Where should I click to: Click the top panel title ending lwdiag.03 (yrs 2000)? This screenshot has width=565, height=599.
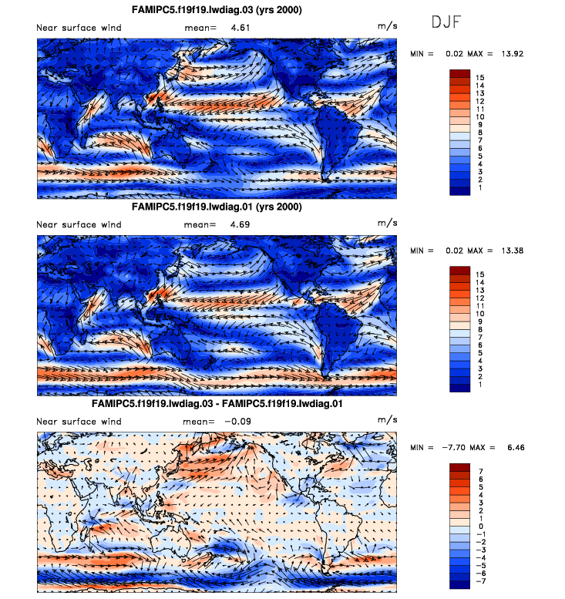tap(216, 9)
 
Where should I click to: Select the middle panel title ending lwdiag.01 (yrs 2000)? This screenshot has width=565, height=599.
tap(216, 207)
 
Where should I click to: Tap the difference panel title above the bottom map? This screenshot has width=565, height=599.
tap(216, 403)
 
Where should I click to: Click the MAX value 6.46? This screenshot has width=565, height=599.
tap(512, 448)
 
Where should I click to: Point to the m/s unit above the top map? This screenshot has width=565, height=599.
tap(386, 27)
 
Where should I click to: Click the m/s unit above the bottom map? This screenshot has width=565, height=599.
tap(386, 420)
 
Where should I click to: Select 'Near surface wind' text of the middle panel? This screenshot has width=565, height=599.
tap(79, 224)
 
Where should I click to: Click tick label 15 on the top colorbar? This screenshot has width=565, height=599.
tap(479, 78)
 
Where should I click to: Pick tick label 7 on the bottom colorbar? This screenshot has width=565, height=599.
tap(479, 469)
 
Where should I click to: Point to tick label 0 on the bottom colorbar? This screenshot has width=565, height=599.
tap(479, 525)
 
